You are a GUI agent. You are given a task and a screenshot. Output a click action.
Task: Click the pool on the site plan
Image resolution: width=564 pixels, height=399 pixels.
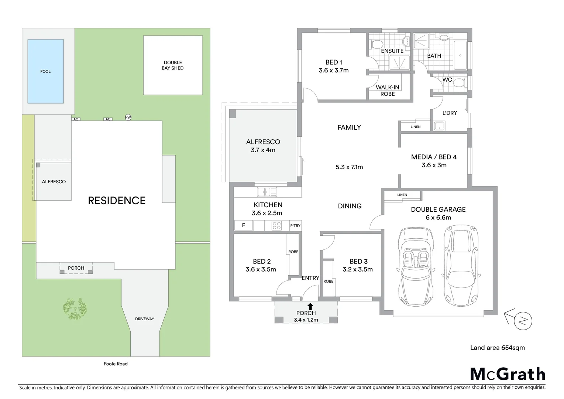tap(45, 71)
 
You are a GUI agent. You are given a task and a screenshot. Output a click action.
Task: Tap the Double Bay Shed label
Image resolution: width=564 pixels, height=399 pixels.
tap(173, 65)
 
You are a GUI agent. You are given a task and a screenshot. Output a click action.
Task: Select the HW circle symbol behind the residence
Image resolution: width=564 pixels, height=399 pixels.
tap(128, 117)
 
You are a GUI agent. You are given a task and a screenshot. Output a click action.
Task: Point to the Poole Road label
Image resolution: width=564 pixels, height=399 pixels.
tap(116, 364)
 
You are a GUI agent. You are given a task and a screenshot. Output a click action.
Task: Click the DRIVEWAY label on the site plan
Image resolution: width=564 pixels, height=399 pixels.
tap(144, 319)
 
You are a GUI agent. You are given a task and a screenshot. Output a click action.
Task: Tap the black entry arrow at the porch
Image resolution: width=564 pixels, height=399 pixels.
tap(310, 306)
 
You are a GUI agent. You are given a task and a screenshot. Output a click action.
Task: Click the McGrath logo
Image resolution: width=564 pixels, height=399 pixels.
tap(508, 374)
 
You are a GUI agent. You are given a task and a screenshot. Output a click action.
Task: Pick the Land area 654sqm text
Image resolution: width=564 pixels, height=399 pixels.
tap(497, 348)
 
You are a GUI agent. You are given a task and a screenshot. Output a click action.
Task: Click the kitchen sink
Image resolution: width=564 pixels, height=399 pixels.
tap(267, 192)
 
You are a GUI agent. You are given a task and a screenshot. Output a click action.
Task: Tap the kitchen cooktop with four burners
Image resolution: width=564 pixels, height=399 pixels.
tap(276, 225)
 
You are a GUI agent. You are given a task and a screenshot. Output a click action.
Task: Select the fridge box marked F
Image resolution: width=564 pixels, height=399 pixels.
tap(244, 225)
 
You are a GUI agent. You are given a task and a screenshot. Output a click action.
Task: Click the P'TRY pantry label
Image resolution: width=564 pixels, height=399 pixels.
tap(295, 226)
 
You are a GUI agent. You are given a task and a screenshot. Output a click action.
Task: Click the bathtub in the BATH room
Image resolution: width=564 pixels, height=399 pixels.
tap(460, 55)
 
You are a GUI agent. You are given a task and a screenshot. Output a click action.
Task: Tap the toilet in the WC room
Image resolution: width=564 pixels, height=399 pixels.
tap(458, 82)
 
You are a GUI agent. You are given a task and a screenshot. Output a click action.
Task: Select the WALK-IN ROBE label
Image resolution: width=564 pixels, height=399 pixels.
tap(388, 91)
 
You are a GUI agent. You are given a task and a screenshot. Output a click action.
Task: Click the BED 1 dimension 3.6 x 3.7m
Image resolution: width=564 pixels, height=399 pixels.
tap(334, 70)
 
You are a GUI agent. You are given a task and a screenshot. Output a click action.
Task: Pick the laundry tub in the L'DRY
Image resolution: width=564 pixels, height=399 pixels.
tap(439, 126)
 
